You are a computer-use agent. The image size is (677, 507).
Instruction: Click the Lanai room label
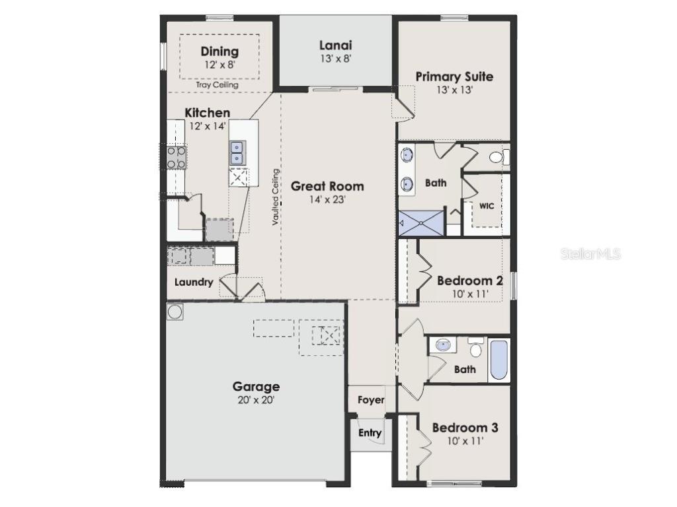click(335, 46)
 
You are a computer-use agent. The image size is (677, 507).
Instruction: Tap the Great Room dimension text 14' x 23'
click(328, 199)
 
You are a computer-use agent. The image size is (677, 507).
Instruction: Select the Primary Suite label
click(454, 77)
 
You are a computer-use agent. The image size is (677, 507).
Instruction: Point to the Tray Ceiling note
click(218, 84)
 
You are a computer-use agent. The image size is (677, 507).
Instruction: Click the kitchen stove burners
click(176, 156)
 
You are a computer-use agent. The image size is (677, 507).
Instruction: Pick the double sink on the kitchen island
click(237, 153)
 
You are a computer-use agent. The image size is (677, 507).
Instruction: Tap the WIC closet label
click(487, 206)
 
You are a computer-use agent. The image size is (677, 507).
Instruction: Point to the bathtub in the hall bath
click(499, 360)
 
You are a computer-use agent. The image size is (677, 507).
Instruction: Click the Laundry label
click(194, 283)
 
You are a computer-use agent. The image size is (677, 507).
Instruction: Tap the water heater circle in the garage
click(175, 312)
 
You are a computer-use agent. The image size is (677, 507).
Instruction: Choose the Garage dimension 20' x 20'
click(255, 400)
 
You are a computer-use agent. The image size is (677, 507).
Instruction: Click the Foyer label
click(371, 400)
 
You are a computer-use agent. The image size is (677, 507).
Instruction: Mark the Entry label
click(370, 433)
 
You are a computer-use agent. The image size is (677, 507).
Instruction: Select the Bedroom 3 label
click(465, 428)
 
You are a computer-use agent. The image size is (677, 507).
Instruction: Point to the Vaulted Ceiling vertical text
click(276, 197)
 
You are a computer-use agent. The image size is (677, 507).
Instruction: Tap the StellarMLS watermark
click(591, 253)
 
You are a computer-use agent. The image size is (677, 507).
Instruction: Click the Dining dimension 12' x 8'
click(219, 65)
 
